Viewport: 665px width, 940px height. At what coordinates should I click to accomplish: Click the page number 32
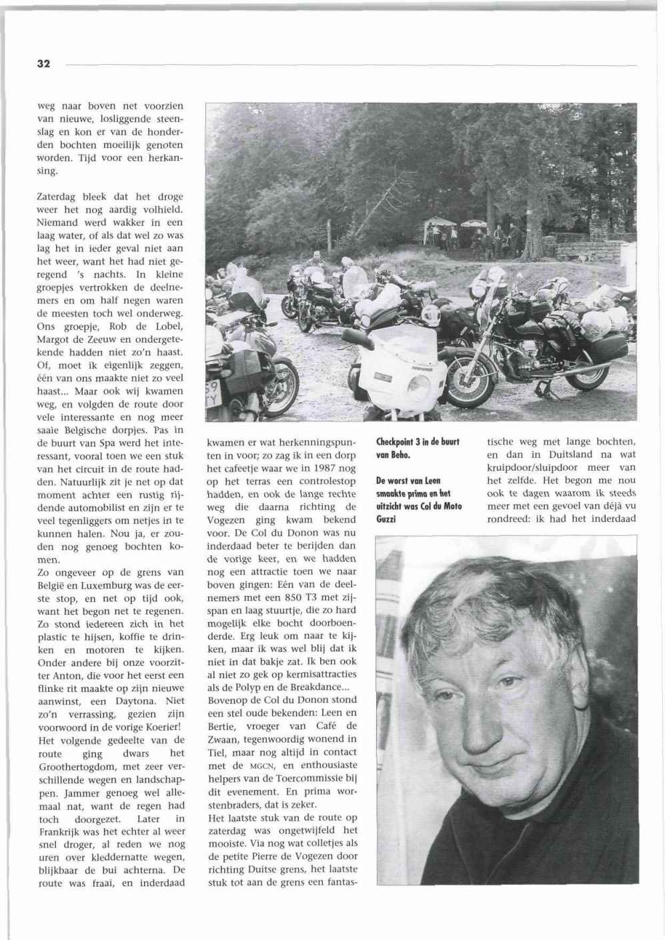(x=43, y=64)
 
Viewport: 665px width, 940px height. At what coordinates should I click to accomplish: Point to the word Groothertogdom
(x=77, y=766)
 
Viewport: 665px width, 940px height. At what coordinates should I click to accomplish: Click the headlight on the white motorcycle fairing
(x=420, y=383)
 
